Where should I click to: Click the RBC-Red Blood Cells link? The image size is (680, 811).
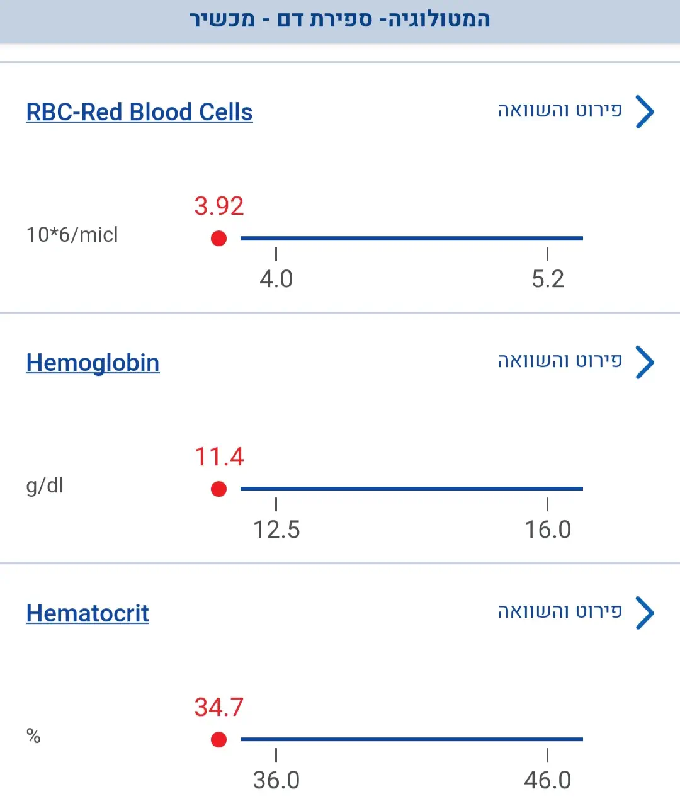click(139, 112)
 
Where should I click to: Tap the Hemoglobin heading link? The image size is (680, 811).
click(93, 363)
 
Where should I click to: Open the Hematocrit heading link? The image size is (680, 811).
click(88, 613)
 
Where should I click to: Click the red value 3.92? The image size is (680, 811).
click(218, 207)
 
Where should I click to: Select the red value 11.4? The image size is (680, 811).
click(218, 457)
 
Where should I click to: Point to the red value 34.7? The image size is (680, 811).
click(218, 707)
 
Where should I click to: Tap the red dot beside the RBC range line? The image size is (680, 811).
click(218, 239)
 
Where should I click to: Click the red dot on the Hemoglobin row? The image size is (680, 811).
click(218, 489)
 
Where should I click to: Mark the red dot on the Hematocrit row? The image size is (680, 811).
click(218, 740)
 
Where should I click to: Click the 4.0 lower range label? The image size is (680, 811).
click(276, 279)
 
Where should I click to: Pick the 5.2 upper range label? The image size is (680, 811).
click(548, 279)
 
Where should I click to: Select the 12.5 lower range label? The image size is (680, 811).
click(276, 530)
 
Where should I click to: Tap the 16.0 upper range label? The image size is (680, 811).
click(548, 530)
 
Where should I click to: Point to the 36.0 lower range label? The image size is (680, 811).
click(276, 780)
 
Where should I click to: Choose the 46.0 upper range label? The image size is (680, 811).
click(548, 780)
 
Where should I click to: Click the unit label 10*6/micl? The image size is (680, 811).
click(72, 235)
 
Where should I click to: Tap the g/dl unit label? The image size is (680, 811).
click(45, 485)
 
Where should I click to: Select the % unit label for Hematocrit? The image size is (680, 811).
click(33, 736)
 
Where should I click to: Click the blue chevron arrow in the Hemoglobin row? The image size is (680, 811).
click(645, 362)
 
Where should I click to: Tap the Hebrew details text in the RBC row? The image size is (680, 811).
click(560, 111)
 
